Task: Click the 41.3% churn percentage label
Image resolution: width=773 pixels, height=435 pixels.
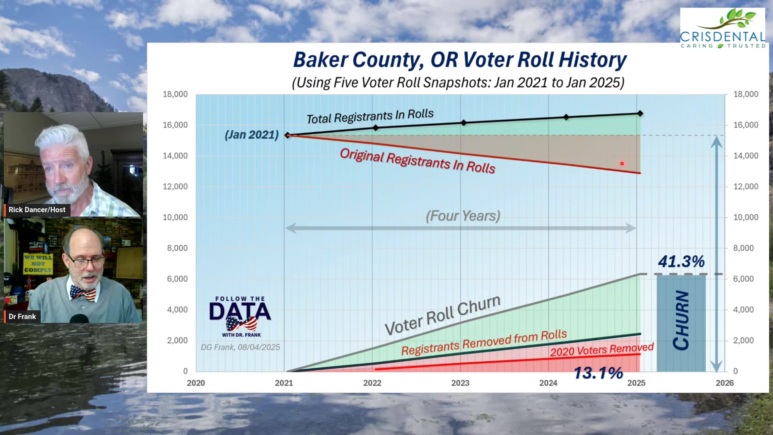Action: point(681,262)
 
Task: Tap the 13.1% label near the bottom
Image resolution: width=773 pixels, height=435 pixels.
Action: point(598,373)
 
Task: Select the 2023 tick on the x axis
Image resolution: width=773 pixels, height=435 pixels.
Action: point(460,383)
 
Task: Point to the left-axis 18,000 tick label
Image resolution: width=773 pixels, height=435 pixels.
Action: point(175,94)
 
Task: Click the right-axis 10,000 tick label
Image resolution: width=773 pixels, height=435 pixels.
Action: point(746,217)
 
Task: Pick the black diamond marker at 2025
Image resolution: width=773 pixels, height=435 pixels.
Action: point(640,114)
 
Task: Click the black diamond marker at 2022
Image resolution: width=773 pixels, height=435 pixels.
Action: point(376,128)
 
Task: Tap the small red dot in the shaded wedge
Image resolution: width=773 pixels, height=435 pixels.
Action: point(622,164)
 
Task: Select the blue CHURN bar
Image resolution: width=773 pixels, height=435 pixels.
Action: point(681,322)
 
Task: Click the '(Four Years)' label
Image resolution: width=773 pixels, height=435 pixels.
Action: point(463,216)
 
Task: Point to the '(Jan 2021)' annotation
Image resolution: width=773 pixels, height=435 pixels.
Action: point(252,135)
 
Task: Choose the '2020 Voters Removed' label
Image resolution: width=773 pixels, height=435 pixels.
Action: point(601,350)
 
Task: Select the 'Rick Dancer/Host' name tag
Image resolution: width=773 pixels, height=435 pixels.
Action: point(37,210)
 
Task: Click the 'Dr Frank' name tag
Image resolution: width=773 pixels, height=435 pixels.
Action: point(22,317)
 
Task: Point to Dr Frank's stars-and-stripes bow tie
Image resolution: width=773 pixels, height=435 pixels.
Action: point(83,293)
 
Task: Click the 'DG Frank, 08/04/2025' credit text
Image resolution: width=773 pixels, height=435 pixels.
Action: point(240,347)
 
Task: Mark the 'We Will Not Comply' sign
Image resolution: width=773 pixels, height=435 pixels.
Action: point(38,263)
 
